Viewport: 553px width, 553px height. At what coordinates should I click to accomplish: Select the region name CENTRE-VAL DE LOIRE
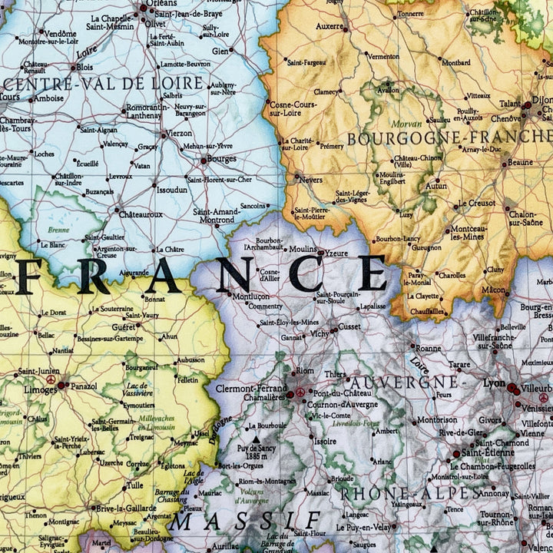pyautogui.click(x=104, y=83)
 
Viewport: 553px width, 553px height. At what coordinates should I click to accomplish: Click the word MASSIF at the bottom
pyautogui.click(x=233, y=522)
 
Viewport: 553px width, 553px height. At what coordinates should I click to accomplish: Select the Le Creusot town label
pyautogui.click(x=476, y=204)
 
